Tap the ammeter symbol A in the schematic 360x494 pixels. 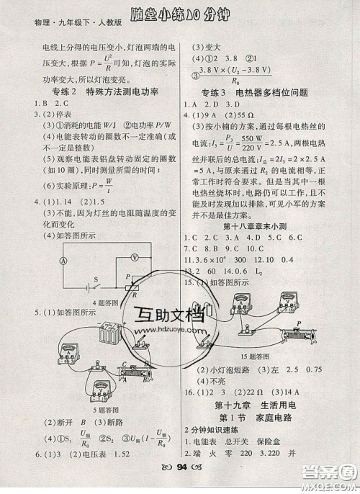43,261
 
